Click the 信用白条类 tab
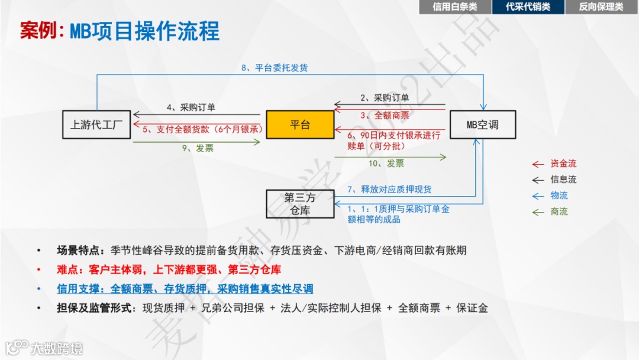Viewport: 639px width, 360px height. tap(454, 7)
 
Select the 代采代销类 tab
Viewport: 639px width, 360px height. tap(528, 7)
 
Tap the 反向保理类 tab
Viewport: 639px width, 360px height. tap(601, 7)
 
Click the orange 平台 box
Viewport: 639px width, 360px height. tap(300, 124)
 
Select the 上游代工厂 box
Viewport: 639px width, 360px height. tap(96, 124)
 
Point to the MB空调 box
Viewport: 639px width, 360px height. tap(482, 124)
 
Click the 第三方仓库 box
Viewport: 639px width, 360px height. tap(301, 204)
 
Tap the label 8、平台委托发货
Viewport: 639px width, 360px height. tap(274, 67)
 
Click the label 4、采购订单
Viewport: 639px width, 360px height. tap(191, 107)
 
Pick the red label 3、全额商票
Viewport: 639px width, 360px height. tap(384, 115)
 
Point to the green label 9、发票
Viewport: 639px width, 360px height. tap(197, 149)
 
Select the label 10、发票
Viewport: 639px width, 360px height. tap(387, 163)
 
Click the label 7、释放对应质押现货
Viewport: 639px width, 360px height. tap(389, 189)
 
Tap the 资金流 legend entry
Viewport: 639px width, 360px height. tap(563, 163)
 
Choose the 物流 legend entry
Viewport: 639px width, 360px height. tap(559, 195)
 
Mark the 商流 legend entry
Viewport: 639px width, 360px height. tap(559, 211)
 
